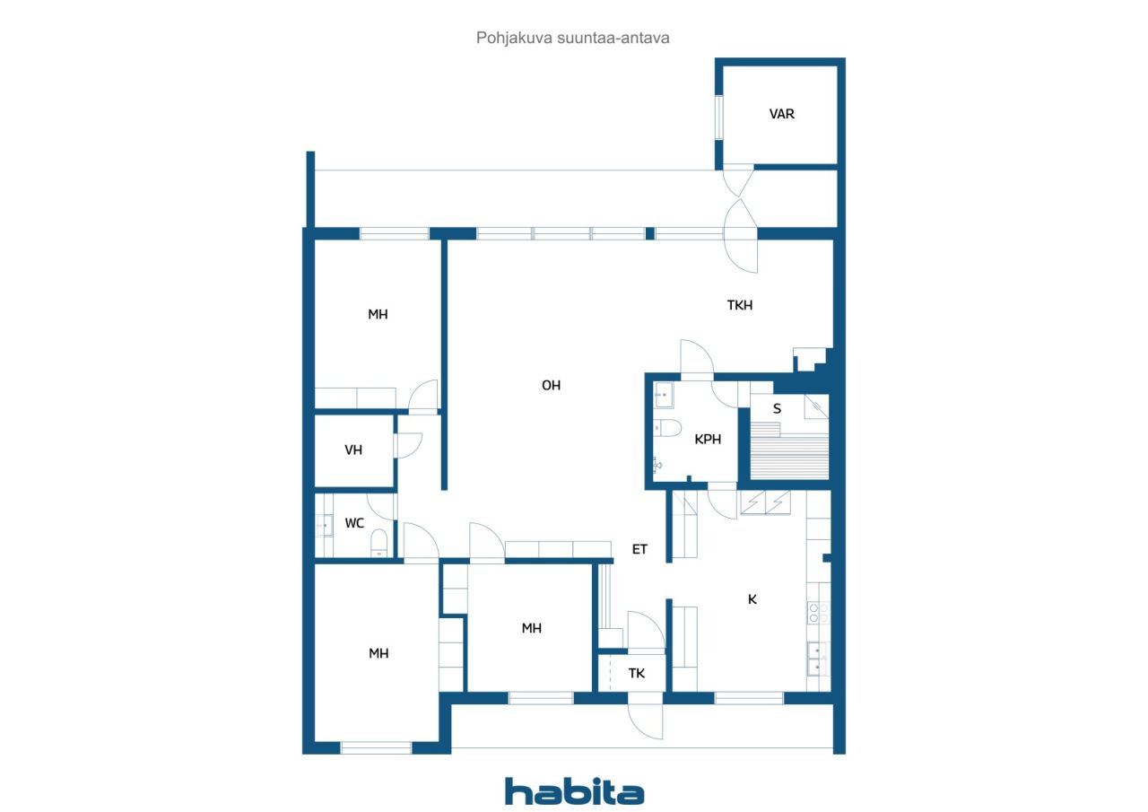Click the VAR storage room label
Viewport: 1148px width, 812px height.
click(x=781, y=114)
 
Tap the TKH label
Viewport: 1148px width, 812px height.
click(x=740, y=305)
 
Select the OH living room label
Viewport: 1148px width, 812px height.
click(x=551, y=385)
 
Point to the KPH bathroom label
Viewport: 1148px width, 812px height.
click(x=708, y=439)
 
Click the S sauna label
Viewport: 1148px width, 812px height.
click(x=777, y=408)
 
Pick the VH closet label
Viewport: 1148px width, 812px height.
click(x=353, y=450)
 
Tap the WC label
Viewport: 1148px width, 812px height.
click(x=354, y=523)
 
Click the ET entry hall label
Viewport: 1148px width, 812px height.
click(x=639, y=549)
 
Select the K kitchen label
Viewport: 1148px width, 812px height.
click(x=752, y=598)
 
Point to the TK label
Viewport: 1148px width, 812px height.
click(x=637, y=673)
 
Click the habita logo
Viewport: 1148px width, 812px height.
click(x=574, y=791)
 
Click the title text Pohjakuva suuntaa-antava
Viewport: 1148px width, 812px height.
click(x=572, y=38)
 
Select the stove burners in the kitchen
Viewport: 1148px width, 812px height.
click(x=818, y=613)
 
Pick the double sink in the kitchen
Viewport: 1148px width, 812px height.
click(x=818, y=659)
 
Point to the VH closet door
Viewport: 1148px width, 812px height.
click(x=408, y=445)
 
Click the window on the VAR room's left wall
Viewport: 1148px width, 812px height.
click(x=719, y=117)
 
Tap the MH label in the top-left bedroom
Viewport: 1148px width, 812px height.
click(x=378, y=314)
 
